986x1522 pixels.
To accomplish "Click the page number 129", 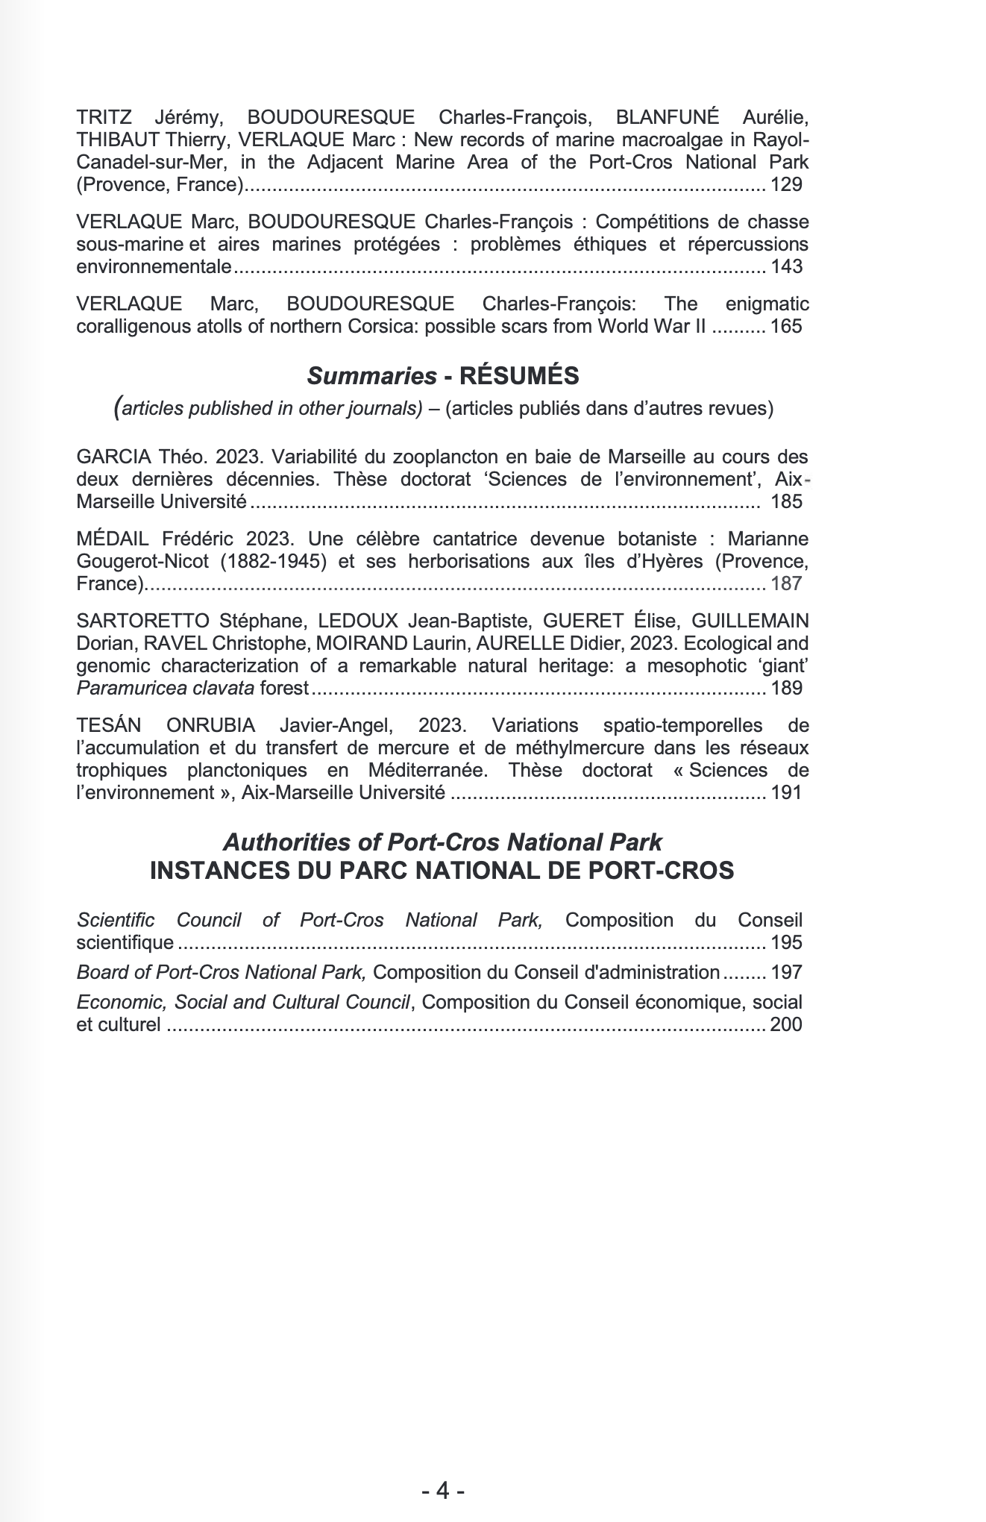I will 786,184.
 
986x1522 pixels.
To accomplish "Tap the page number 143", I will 786,266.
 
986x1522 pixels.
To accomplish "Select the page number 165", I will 786,326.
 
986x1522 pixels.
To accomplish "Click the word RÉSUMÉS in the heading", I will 519,376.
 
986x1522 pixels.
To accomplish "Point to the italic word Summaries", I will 371,376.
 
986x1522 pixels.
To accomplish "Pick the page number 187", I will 786,583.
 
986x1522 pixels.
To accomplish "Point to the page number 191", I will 786,792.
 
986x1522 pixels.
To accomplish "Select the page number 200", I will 786,1024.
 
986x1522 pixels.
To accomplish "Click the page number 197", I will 786,972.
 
